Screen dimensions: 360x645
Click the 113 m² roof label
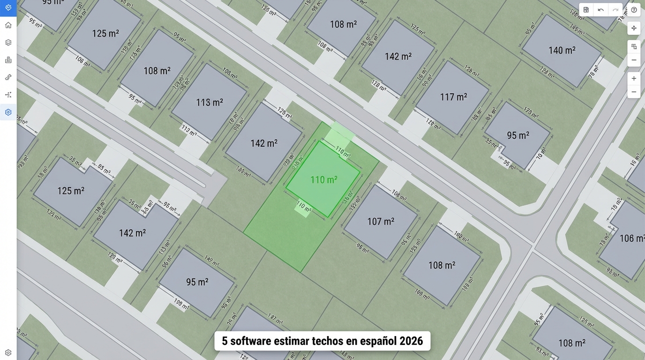209,102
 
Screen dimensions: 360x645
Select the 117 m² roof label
453,97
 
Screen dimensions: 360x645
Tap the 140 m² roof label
562,50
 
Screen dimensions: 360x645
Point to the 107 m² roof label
381,221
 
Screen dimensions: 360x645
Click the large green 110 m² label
323,180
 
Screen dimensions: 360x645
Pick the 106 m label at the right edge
631,239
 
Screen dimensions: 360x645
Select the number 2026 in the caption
411,341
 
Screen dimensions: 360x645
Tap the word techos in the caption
327,341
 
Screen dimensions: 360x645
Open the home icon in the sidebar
8,25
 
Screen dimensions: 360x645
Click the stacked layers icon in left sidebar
8,42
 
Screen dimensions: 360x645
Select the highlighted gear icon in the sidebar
8,112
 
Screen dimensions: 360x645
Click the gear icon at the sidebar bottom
8,352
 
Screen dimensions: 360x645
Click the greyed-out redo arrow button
615,10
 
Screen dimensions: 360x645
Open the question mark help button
634,10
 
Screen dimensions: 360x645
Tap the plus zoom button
634,78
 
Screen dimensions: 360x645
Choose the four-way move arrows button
634,28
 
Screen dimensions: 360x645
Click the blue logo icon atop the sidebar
8,7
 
